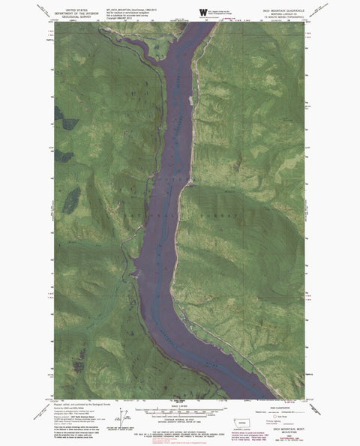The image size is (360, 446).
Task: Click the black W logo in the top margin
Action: coord(202,11)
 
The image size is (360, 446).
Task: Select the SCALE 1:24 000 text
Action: coord(180,405)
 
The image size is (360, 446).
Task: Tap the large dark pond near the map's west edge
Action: coord(71,199)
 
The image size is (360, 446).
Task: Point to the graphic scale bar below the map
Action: coord(179,410)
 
